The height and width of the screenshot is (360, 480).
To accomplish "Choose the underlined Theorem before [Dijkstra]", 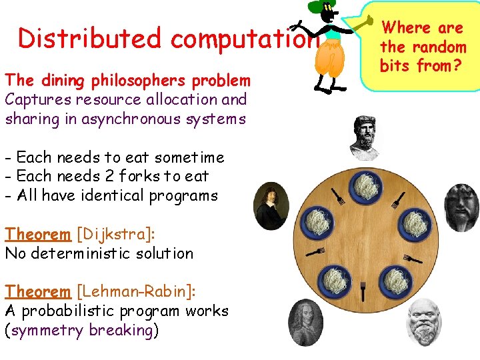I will (x=37, y=234).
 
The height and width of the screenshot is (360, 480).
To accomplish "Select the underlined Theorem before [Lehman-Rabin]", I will (x=37, y=291).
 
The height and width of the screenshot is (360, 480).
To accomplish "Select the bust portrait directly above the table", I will (x=365, y=135).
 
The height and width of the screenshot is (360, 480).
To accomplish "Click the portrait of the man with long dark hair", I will (x=271, y=205).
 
